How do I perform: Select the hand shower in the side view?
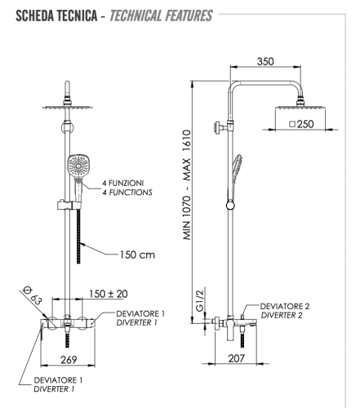click(234, 171)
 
